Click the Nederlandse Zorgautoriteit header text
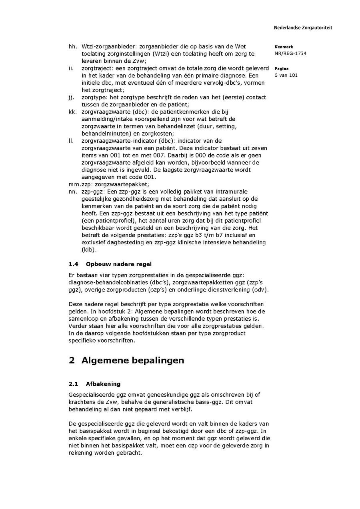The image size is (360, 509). (x=303, y=28)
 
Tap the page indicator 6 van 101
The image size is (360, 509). (x=286, y=75)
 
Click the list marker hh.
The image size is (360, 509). (x=72, y=47)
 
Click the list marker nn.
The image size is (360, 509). (x=72, y=192)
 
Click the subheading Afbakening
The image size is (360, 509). (x=103, y=384)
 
